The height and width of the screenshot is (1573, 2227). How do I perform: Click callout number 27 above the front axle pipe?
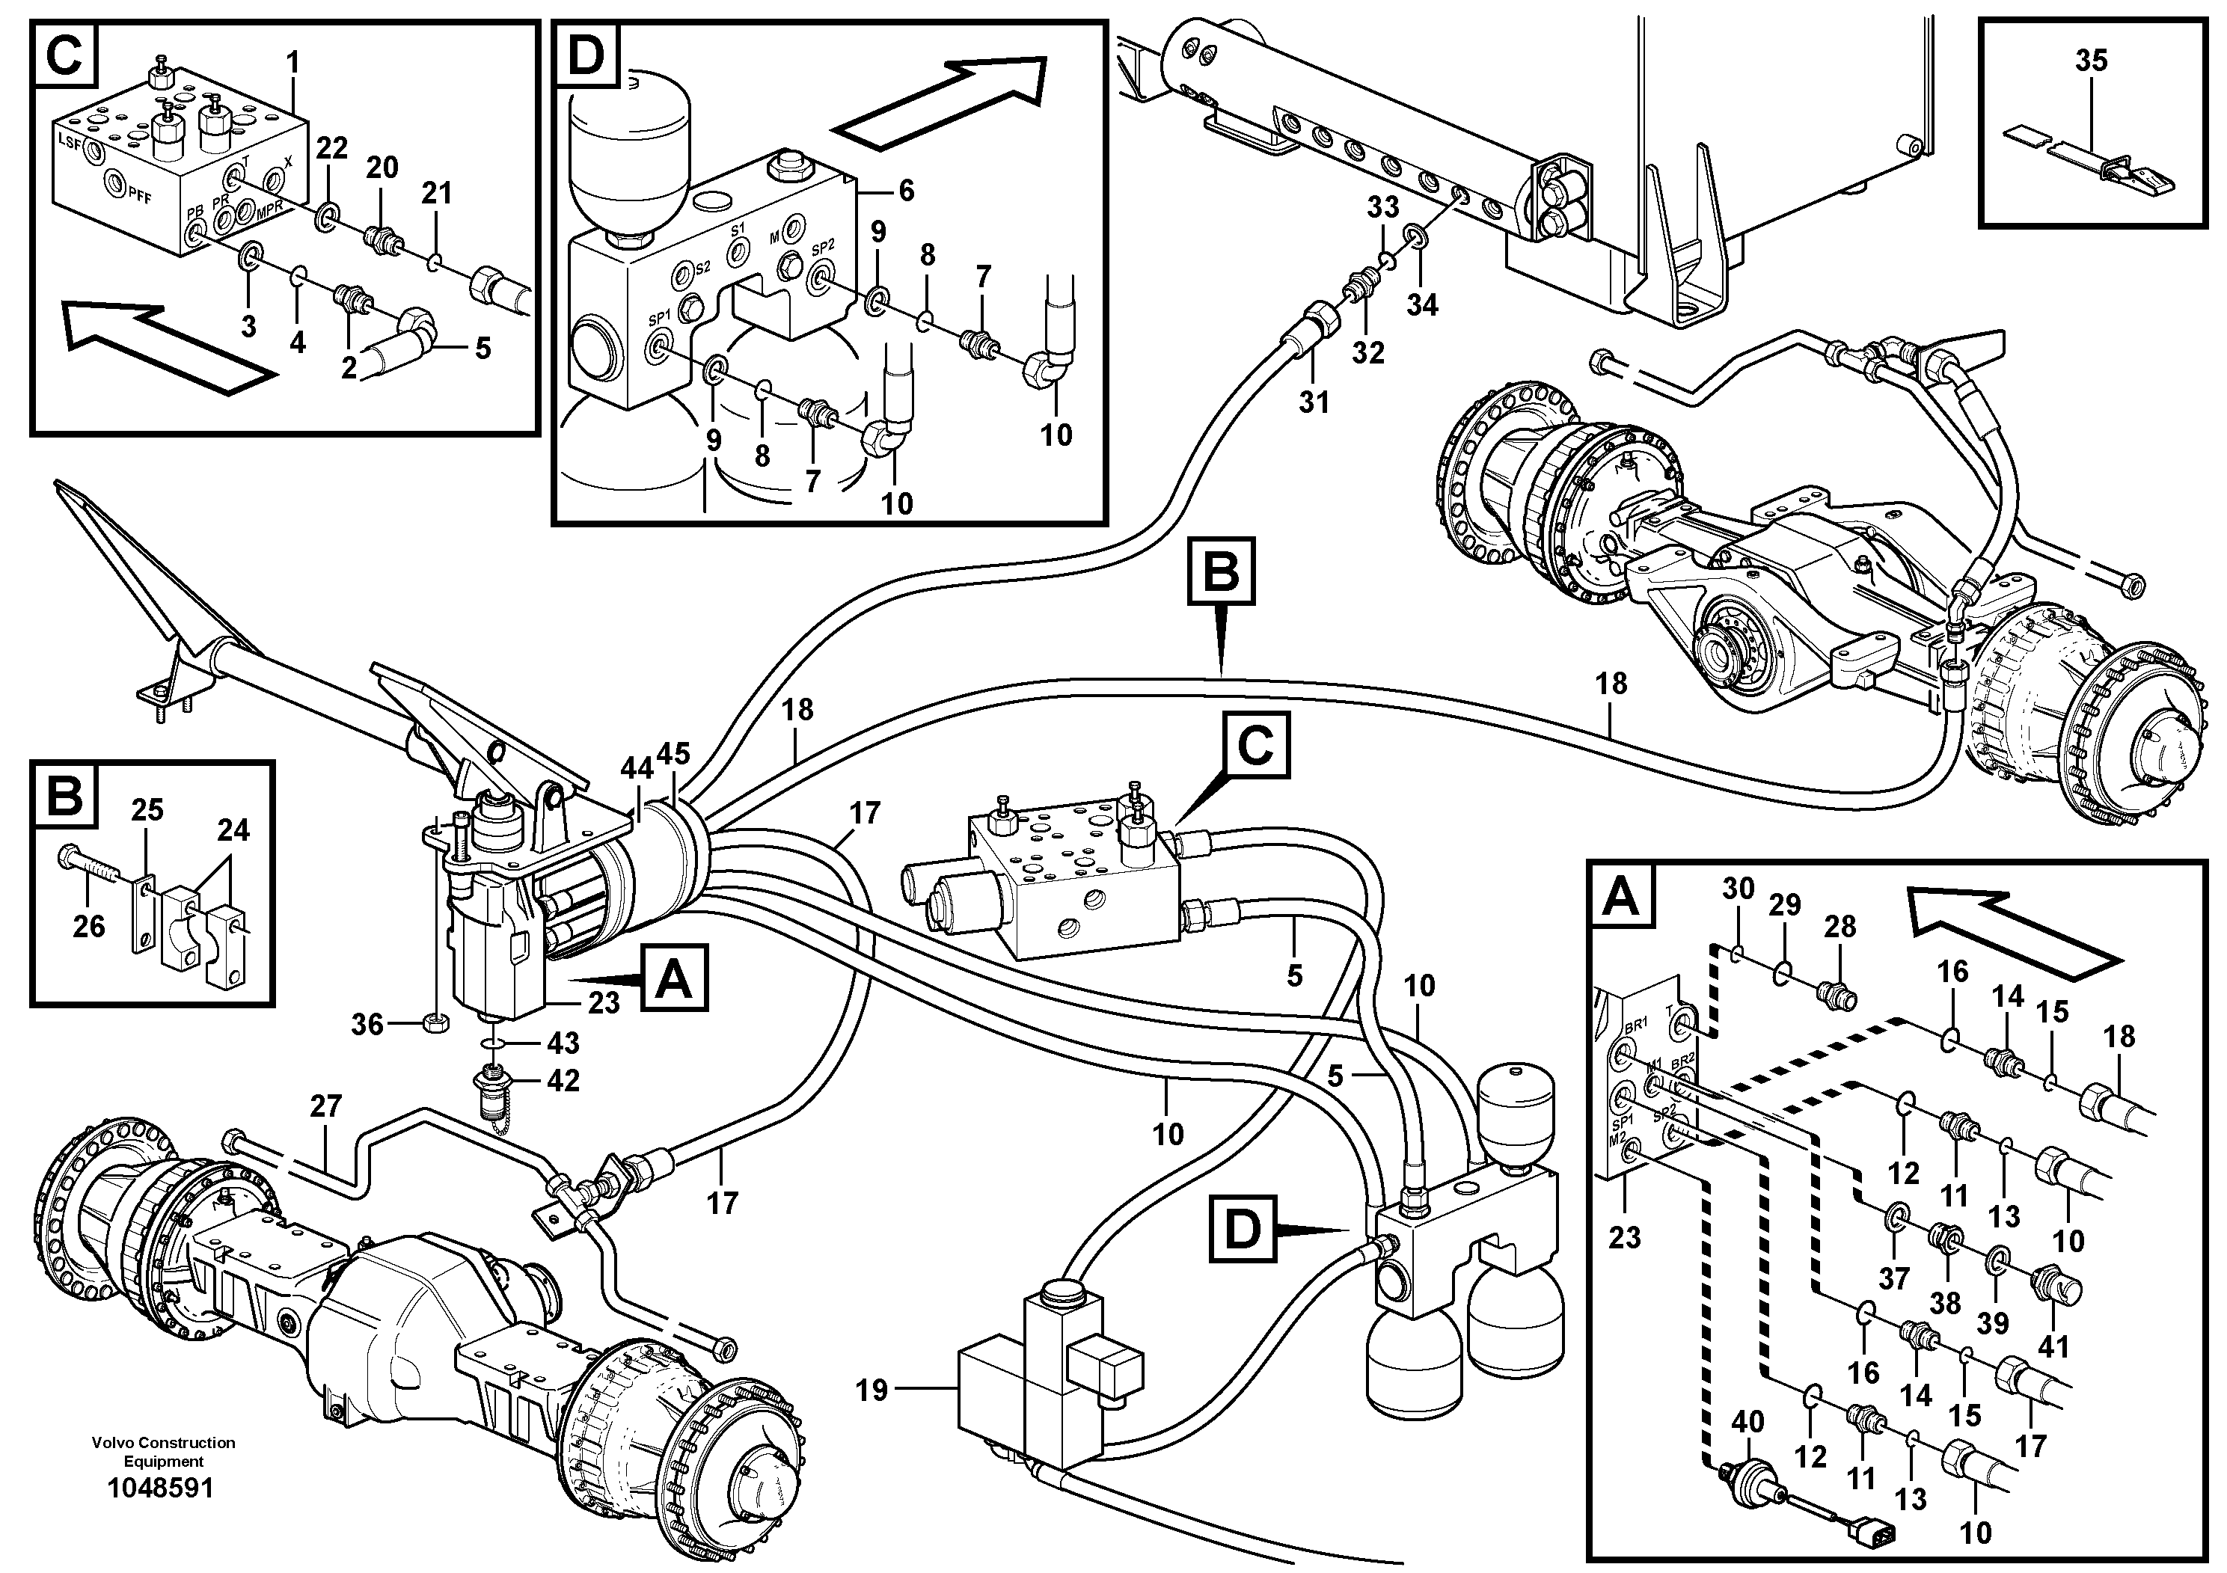coord(326,1106)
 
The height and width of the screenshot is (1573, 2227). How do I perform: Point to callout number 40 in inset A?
coord(1747,1423)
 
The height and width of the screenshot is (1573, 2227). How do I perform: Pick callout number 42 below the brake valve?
coord(563,1080)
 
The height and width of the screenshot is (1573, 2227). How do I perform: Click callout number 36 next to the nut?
coord(367,1024)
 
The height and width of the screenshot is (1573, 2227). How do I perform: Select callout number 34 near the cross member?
coord(1422,304)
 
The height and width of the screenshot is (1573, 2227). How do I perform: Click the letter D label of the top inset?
coord(586,55)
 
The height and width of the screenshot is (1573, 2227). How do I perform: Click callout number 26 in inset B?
coord(88,926)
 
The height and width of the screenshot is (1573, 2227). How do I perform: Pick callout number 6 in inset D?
coord(906,191)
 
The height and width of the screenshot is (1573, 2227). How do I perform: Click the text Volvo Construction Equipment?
coord(163,1452)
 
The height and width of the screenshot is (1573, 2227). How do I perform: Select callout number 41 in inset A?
coord(2054,1346)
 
